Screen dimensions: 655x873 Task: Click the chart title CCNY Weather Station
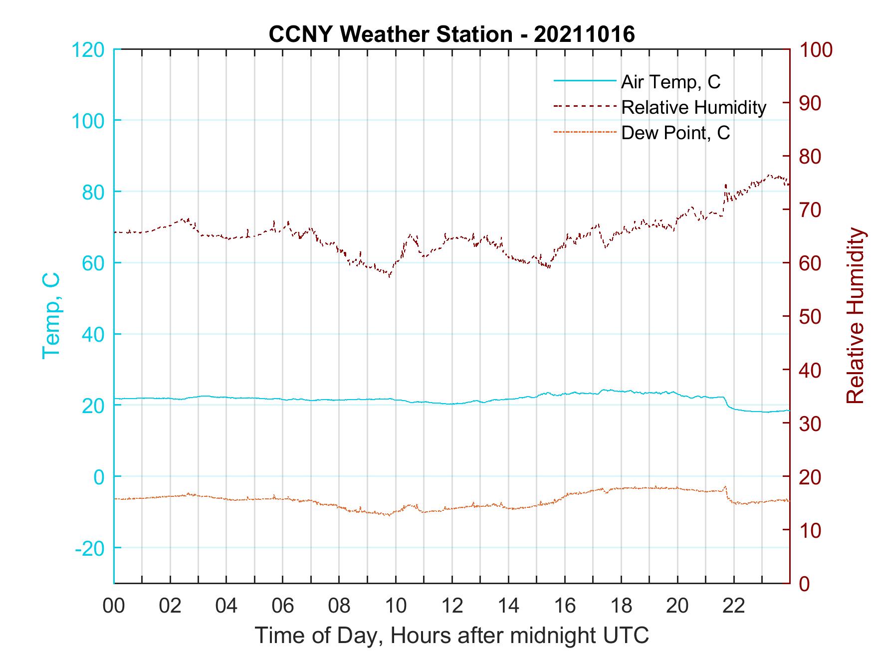click(451, 34)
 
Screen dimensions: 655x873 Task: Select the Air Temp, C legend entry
click(670, 82)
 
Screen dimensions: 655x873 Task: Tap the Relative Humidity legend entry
click(693, 107)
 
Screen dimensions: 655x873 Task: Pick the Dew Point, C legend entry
click(675, 133)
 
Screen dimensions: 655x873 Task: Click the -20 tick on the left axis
click(90, 548)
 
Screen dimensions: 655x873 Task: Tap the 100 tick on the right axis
click(816, 50)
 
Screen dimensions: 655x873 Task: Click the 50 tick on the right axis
click(810, 317)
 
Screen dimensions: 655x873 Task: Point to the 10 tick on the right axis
click(810, 530)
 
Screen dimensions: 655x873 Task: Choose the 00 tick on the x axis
click(114, 606)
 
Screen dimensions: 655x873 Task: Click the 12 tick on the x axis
click(452, 606)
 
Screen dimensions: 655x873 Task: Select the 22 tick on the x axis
click(734, 606)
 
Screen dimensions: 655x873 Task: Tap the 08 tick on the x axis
click(339, 606)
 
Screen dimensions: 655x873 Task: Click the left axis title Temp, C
click(51, 316)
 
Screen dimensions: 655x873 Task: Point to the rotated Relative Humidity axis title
click(855, 316)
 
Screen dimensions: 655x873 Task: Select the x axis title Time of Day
click(451, 635)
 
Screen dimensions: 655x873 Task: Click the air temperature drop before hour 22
click(727, 403)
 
